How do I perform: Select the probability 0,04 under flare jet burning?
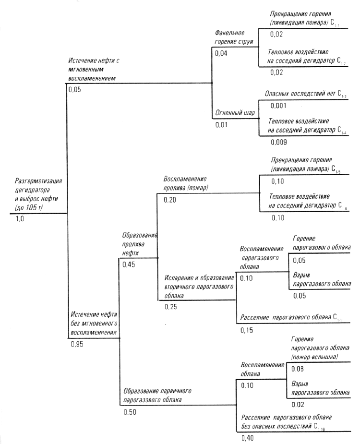[x=221, y=53]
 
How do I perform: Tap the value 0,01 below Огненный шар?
[x=221, y=125]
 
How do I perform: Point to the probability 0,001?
[x=278, y=105]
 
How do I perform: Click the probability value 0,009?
[x=279, y=142]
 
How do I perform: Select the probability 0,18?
[x=278, y=181]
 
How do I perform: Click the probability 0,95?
[x=77, y=343]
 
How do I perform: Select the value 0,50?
[x=130, y=412]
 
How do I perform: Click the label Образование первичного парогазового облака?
[x=158, y=395]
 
